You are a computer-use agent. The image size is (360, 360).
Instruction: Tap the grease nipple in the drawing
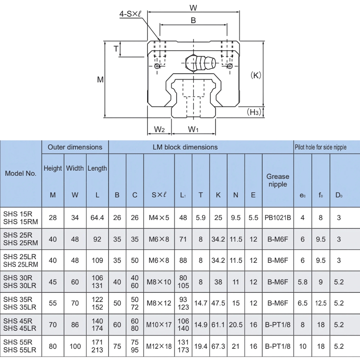point(200,64)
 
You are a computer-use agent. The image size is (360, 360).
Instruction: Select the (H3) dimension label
point(254,112)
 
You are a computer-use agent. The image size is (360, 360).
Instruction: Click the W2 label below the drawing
point(159,129)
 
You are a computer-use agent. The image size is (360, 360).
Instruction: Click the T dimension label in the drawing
point(116,49)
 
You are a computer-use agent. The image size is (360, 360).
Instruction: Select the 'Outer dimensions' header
point(75,147)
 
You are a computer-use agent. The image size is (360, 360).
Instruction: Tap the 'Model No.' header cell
point(21,173)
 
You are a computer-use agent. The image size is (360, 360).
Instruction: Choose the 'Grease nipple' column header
point(278,180)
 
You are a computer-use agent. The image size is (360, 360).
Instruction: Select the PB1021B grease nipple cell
point(278,217)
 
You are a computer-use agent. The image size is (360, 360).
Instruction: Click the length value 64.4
point(97,217)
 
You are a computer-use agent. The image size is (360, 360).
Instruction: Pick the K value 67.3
point(218,346)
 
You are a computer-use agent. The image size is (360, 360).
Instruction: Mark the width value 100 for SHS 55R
point(75,346)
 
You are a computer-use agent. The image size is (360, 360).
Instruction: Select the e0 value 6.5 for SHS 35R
point(302,303)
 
